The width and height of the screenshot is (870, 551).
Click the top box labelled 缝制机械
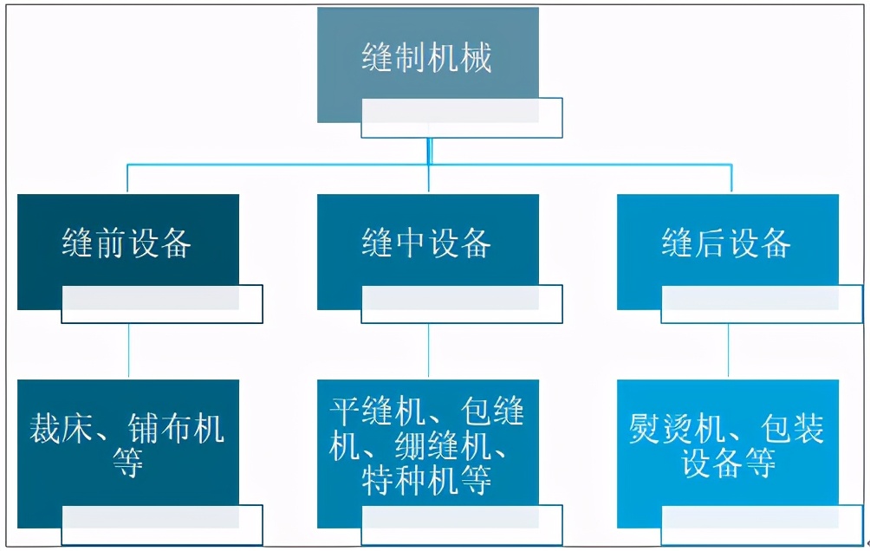point(427,58)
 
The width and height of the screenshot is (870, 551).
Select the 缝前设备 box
point(127,243)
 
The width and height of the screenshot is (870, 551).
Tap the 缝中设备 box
point(427,243)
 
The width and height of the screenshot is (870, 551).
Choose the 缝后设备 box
point(727,243)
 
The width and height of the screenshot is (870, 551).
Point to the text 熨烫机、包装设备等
point(727,445)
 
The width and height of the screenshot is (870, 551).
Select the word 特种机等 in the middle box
point(427,480)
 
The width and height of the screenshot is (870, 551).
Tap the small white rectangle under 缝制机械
point(462,118)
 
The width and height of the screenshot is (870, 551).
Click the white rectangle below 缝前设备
point(162,304)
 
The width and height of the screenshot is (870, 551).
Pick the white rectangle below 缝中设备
point(462,304)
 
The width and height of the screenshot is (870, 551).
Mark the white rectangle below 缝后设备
point(762,304)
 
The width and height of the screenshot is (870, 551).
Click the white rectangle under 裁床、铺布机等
point(162,525)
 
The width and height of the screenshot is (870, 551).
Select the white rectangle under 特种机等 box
point(462,525)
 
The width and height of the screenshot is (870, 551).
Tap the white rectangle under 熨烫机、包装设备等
point(762,525)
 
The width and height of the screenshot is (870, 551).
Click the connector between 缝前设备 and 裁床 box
point(128,351)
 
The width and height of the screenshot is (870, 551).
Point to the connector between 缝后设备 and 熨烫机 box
point(728,351)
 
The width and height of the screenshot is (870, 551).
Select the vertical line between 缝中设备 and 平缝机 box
point(428,351)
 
